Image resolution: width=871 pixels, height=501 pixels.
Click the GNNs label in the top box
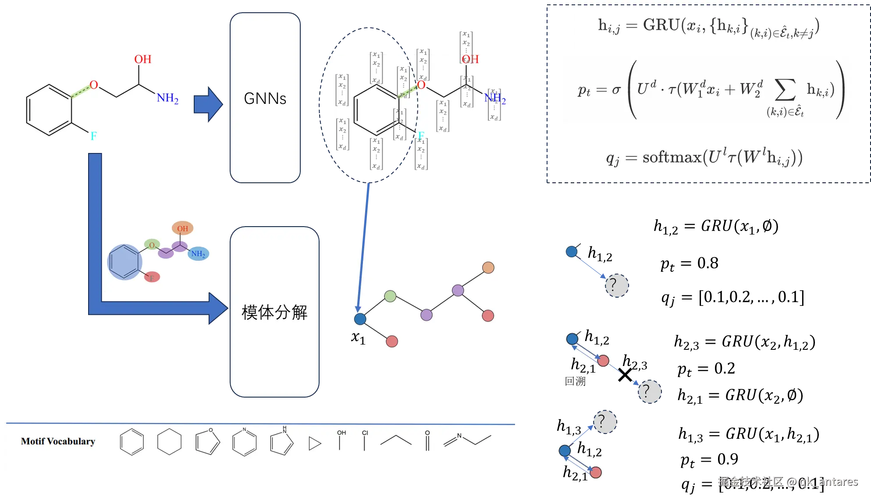coord(265,99)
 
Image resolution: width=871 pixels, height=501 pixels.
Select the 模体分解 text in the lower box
coord(274,313)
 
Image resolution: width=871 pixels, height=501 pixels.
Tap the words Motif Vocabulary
coord(58,441)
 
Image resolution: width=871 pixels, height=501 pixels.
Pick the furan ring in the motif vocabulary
coord(207,441)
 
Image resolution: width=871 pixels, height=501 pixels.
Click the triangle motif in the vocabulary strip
coord(314,444)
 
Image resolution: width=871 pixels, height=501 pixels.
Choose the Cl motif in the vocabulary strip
coord(365,440)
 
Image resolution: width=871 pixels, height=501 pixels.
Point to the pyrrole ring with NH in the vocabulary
coord(281,441)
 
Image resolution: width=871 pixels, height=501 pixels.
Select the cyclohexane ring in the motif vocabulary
coord(169,442)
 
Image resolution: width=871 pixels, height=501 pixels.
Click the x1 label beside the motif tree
coord(358,337)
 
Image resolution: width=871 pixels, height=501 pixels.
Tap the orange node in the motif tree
coord(488,267)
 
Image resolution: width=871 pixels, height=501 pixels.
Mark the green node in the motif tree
coord(390,296)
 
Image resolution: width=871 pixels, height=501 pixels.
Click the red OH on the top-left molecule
coord(142,59)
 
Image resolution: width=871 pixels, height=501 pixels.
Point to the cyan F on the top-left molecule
coord(93,136)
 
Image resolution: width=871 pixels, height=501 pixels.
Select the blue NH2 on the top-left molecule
coord(167,98)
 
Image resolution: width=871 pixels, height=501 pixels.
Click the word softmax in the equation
coord(672,157)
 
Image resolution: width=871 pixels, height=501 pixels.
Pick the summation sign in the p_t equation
coord(785,90)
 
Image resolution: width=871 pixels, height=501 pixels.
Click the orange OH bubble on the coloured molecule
coord(182,228)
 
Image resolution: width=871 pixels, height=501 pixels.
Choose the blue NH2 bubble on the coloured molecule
coord(198,254)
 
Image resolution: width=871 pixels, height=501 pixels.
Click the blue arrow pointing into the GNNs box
coord(208,104)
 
